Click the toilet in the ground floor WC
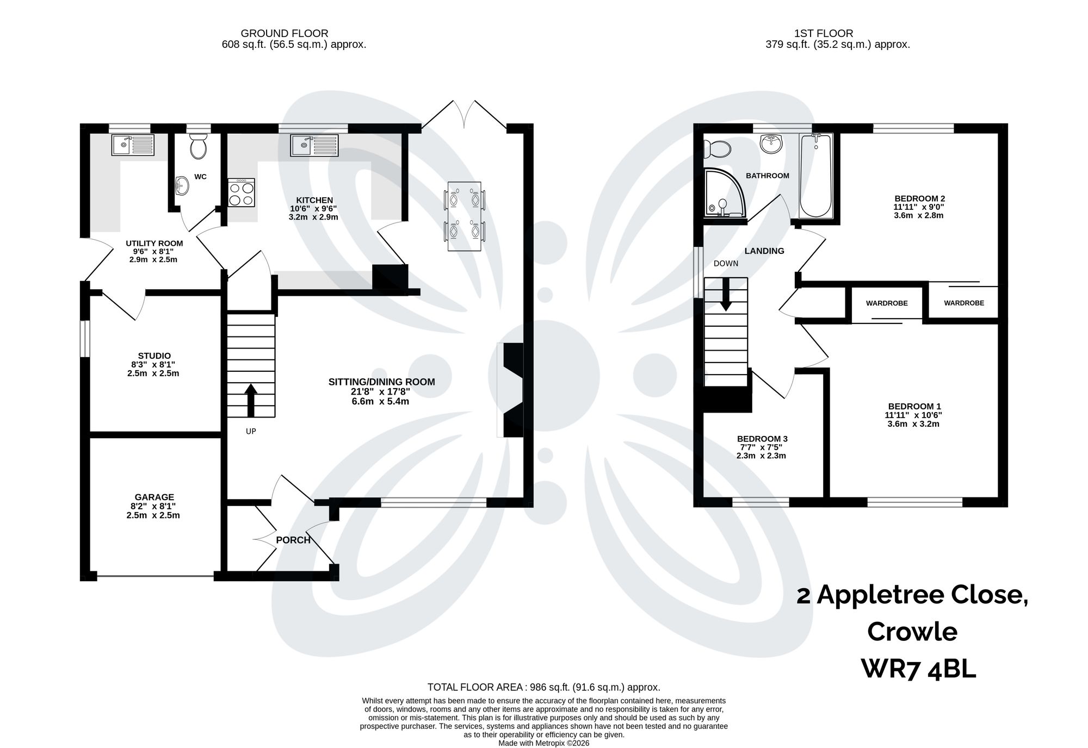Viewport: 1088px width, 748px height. click(199, 146)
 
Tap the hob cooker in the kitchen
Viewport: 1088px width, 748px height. click(242, 193)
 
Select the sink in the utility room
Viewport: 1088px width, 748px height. click(133, 145)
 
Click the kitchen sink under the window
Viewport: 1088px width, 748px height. click(313, 145)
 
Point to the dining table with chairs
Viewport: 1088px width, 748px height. click(464, 216)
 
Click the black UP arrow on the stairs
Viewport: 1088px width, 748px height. click(251, 400)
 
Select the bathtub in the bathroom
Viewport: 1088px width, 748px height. click(815, 175)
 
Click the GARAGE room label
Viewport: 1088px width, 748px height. click(154, 497)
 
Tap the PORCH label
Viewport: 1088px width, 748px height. click(293, 540)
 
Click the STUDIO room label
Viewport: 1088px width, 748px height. click(154, 356)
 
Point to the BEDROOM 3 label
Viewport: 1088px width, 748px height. click(762, 439)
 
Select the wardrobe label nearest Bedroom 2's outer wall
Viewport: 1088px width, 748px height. click(963, 303)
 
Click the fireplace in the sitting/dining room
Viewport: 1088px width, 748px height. click(511, 389)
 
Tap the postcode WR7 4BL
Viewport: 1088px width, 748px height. click(918, 669)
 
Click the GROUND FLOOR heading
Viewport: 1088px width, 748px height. click(285, 34)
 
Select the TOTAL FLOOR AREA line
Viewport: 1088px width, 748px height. click(543, 687)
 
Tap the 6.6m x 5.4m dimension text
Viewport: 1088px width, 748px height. click(380, 402)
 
